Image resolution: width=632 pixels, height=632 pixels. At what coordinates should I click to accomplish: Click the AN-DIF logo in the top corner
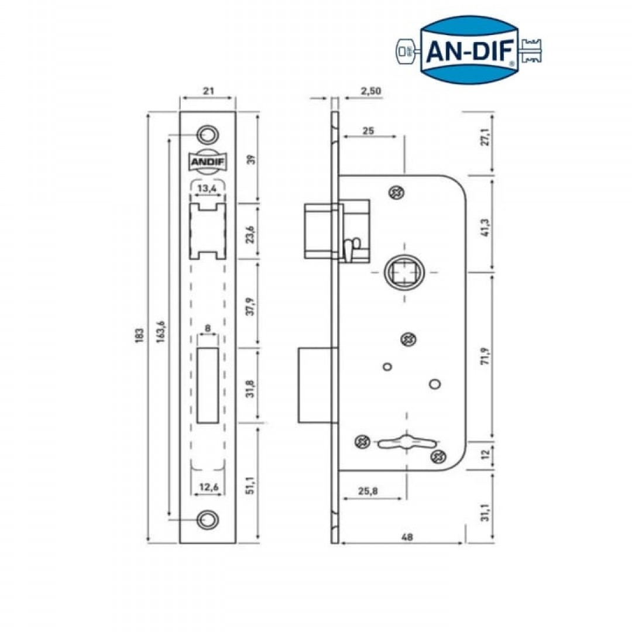click(x=470, y=51)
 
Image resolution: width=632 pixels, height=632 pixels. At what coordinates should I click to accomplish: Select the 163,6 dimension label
click(x=162, y=333)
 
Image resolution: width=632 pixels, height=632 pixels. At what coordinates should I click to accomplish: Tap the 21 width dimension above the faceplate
click(x=207, y=91)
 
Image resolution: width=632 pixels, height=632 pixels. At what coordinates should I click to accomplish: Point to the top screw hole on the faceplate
click(x=207, y=135)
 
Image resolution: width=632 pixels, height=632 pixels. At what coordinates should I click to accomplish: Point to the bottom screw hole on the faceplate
click(x=207, y=519)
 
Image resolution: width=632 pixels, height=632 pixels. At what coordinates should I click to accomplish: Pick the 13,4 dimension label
click(x=207, y=188)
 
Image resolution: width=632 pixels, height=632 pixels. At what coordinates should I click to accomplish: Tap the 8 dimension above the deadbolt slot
click(x=208, y=328)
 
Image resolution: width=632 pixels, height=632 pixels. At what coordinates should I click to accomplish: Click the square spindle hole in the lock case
click(x=404, y=272)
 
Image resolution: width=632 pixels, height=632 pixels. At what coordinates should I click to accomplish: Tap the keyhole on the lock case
click(x=404, y=443)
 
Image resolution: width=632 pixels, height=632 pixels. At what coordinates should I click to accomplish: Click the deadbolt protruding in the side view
click(x=316, y=384)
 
